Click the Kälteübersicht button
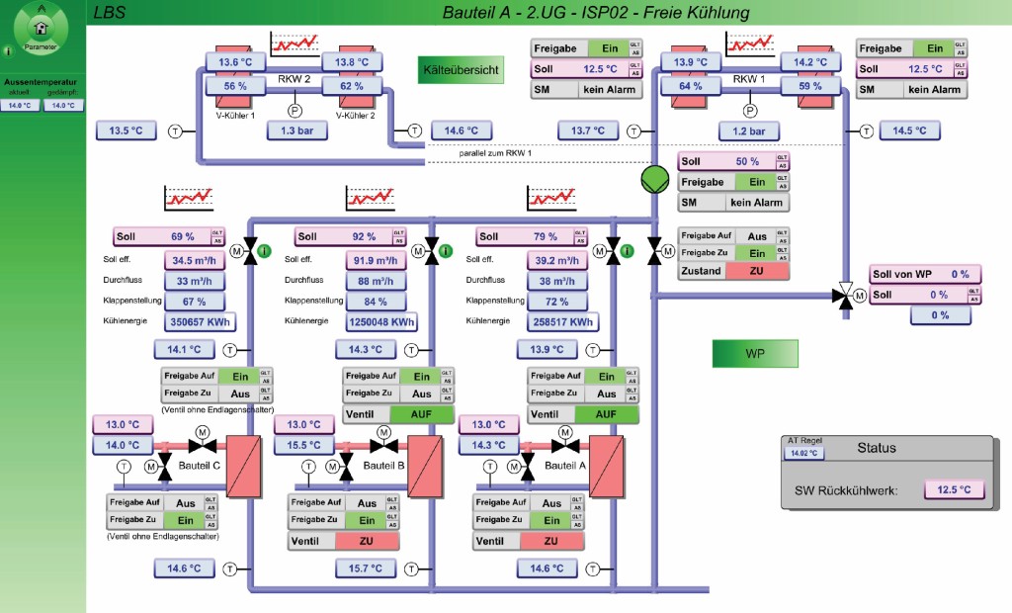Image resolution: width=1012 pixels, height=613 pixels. pyautogui.click(x=461, y=69)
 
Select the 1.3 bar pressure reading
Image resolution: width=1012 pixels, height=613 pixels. pyautogui.click(x=295, y=131)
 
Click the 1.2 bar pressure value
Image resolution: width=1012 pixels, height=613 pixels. pyautogui.click(x=750, y=131)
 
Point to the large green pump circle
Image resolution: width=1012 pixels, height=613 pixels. pyautogui.click(x=655, y=180)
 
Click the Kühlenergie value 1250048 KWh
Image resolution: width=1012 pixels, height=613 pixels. pyautogui.click(x=380, y=322)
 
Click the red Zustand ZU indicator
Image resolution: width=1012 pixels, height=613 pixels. pyautogui.click(x=757, y=271)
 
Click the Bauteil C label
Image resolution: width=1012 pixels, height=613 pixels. pyautogui.click(x=202, y=466)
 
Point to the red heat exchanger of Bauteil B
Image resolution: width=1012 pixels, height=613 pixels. pyautogui.click(x=425, y=467)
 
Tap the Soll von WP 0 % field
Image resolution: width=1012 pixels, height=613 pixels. pyautogui.click(x=925, y=275)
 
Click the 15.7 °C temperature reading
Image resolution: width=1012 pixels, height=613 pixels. pyautogui.click(x=365, y=569)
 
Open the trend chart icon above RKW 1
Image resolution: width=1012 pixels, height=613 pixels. pyautogui.click(x=751, y=45)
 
